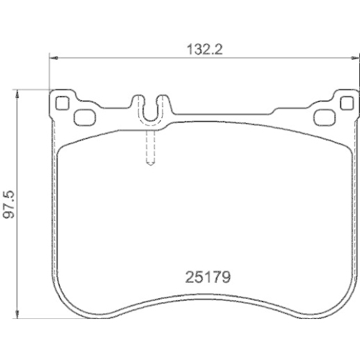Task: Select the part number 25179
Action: [x=203, y=276]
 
